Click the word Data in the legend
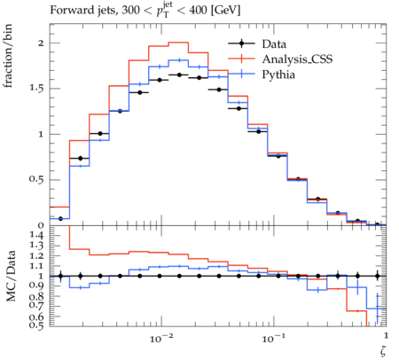pos(274,44)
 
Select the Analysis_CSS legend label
pos(297,59)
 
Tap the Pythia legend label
pos(278,74)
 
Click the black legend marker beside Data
pos(241,43)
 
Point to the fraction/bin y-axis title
pos(8,56)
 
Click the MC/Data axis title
pos(11,276)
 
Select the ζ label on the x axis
pos(383,350)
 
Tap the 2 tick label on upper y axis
pos(41,43)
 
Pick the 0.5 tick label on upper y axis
pos(36,180)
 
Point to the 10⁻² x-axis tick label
pos(160,338)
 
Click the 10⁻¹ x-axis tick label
pos(273,338)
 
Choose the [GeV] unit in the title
pos(226,11)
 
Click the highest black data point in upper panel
pos(179,75)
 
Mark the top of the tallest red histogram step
pos(178,43)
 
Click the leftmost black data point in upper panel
pos(60,219)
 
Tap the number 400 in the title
pos(199,11)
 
